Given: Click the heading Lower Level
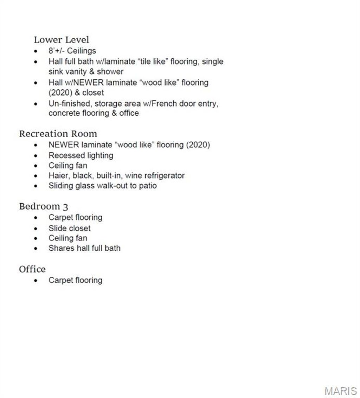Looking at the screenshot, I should pyautogui.click(x=62, y=40).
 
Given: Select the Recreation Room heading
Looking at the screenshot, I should pyautogui.click(x=58, y=134).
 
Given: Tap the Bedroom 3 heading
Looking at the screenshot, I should pyautogui.click(x=43, y=206).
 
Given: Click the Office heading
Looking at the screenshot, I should pyautogui.click(x=32, y=269).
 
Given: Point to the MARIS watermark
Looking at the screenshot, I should pyautogui.click(x=340, y=391).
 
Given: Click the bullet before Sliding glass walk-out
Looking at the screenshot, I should pyautogui.click(x=36, y=186).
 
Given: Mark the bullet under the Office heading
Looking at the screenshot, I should pyautogui.click(x=36, y=281).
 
